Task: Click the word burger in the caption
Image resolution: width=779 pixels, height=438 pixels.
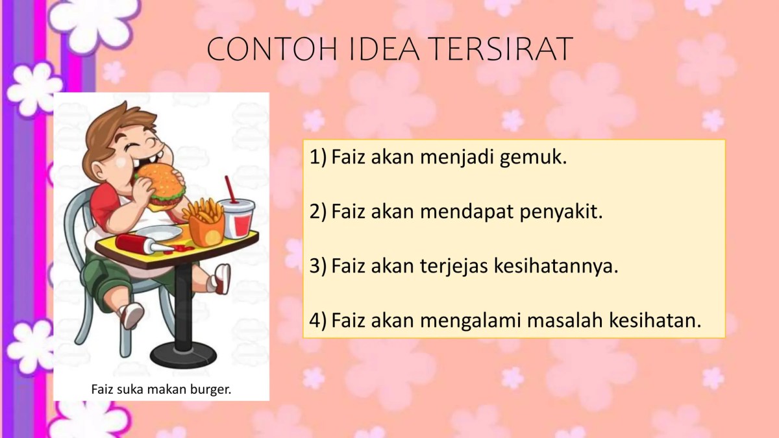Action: pyautogui.click(x=212, y=389)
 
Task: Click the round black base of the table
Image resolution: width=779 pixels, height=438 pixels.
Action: pyautogui.click(x=183, y=354)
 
